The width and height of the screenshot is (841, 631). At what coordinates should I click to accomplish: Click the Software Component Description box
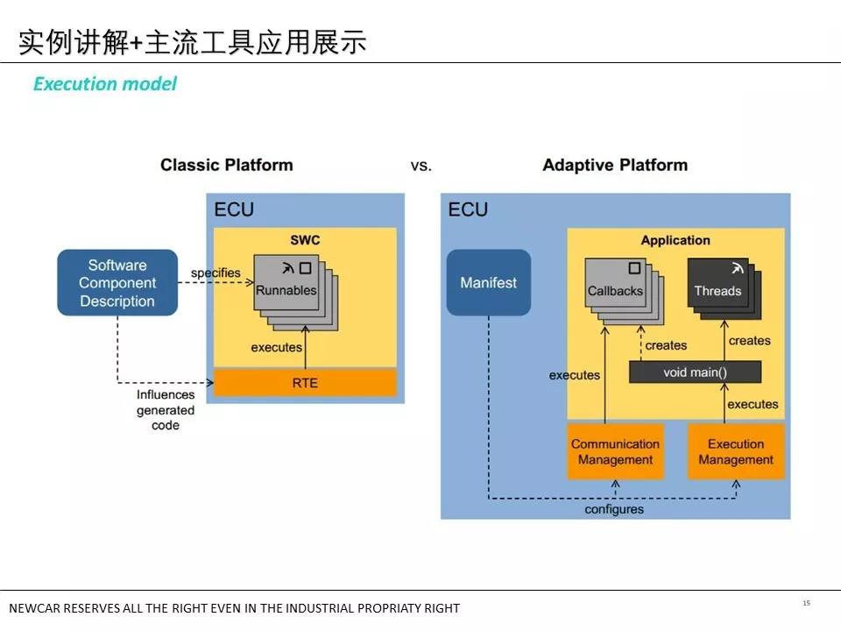click(117, 283)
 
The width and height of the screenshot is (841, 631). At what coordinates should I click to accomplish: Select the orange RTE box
click(305, 383)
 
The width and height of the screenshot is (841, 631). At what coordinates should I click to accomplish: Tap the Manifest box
click(489, 283)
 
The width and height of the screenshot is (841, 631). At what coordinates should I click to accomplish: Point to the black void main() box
click(695, 372)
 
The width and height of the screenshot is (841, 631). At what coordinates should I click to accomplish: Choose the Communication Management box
click(615, 452)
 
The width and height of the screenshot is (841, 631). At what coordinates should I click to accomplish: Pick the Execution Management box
click(736, 452)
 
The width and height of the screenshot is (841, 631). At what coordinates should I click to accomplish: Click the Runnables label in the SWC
click(286, 291)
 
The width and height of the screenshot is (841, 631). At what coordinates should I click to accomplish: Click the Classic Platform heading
click(226, 165)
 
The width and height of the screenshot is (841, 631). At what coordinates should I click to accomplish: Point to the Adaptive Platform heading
click(615, 165)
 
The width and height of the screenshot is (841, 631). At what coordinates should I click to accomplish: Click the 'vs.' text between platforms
click(421, 166)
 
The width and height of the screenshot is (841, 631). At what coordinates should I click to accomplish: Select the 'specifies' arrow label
click(216, 273)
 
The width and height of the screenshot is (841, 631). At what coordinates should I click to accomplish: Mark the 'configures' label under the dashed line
click(614, 509)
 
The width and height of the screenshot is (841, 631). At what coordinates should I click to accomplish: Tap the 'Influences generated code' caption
click(165, 410)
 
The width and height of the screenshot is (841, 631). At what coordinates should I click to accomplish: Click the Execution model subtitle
click(105, 84)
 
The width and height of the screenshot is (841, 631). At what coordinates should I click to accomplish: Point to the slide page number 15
click(806, 603)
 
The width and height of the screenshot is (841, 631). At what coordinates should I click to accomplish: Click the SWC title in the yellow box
click(305, 240)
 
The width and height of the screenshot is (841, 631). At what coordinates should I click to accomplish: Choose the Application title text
click(675, 240)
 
